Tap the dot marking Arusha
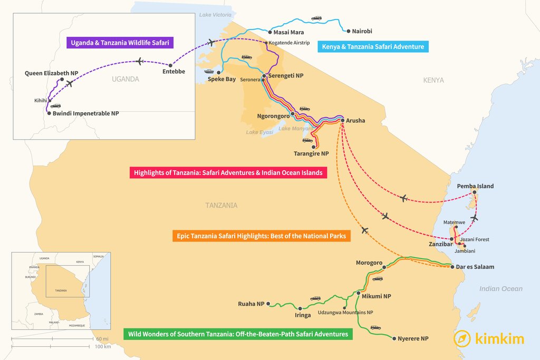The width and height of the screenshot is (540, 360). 343,121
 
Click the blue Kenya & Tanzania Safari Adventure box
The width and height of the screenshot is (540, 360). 373,47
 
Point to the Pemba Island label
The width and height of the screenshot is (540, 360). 476,187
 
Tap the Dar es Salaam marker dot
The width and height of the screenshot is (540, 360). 452,267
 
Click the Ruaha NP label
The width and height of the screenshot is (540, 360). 251,304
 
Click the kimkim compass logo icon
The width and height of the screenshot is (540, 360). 462,338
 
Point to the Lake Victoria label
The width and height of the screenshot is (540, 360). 215,14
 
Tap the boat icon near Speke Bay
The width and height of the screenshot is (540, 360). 209,72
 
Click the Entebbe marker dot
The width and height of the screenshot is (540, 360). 171,65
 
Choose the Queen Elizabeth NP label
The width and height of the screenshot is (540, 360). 52,73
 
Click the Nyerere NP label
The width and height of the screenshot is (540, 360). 413,338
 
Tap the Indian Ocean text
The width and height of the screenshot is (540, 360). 501,289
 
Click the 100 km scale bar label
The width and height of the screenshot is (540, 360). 103,346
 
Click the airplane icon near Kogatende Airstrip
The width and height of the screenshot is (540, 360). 212,42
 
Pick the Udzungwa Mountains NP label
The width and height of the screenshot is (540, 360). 345,313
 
